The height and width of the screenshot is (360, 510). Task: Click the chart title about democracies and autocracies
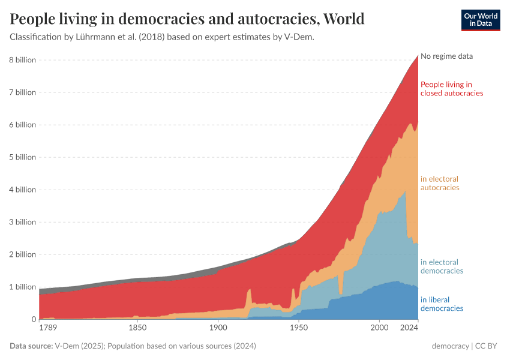pos(187,19)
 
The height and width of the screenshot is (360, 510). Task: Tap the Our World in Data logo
pos(481,20)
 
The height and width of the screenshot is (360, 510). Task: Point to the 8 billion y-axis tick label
pos(22,60)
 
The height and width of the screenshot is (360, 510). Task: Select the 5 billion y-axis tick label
pos(22,157)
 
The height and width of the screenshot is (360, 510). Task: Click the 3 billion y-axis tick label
pos(22,222)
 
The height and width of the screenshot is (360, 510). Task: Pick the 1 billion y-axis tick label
pos(22,287)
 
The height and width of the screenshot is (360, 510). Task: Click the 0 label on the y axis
pos(33,319)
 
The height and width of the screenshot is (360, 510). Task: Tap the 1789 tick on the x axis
pos(49,328)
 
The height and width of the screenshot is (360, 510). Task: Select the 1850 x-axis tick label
pos(137,328)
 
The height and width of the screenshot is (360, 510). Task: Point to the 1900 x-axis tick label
pos(218,328)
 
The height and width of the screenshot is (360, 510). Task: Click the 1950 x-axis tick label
pos(298,328)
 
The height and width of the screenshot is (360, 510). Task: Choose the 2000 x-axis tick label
pos(379,328)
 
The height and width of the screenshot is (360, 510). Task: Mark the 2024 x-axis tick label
pos(409,328)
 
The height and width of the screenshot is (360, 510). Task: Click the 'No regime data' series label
pos(446,56)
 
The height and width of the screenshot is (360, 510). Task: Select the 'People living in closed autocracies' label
pos(451,89)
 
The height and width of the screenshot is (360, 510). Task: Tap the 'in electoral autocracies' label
pos(440,183)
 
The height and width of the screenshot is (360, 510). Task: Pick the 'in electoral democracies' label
pos(442,266)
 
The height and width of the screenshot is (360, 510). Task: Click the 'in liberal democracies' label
pos(442,304)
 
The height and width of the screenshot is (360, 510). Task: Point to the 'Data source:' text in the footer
pos(31,346)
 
